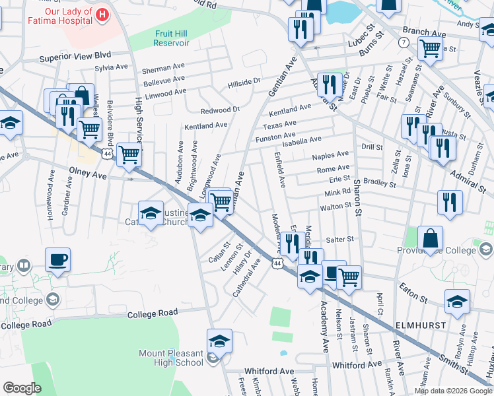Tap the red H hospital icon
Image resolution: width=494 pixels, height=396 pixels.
102,14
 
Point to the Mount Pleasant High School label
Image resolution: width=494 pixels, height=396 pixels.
171,358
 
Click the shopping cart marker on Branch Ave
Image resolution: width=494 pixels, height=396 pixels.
430,47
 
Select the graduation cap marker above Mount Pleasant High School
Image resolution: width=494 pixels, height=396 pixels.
219,341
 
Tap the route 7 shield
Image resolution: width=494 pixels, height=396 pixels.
402,42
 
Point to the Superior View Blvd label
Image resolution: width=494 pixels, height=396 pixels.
75,55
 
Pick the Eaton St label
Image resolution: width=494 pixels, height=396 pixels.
413,287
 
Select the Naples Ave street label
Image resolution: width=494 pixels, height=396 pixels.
331,154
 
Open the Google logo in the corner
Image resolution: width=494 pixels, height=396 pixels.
22,388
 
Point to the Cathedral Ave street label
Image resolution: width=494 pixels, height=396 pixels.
246,277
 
